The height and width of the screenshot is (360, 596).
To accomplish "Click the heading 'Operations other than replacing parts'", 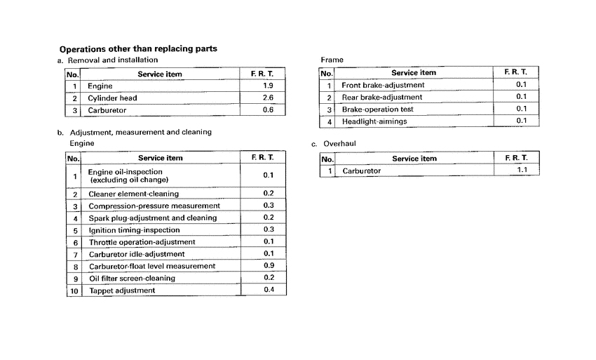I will (138, 49).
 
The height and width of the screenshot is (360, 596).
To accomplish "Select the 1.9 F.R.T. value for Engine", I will (267, 86).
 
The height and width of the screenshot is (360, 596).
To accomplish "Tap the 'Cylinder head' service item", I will (112, 98).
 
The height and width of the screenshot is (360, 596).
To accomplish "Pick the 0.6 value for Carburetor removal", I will (267, 110).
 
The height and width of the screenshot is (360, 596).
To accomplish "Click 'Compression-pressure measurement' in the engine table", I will (154, 206).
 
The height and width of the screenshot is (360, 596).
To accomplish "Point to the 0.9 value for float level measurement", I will (268, 266).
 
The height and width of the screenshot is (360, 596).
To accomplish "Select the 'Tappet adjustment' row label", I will (122, 291).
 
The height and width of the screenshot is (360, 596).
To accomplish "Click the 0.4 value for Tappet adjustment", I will (268, 290).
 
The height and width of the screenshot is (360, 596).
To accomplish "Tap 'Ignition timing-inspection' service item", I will (133, 230).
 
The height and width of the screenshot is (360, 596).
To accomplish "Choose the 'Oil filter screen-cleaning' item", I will (132, 279).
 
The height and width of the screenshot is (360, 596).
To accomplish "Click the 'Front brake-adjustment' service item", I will (383, 86).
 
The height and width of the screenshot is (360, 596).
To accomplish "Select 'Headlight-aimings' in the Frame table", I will (374, 121).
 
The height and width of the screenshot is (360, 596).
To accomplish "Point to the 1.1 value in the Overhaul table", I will (522, 170).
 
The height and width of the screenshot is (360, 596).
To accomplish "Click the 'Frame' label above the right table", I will (332, 60).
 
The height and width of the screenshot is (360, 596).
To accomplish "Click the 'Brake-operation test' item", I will (377, 109).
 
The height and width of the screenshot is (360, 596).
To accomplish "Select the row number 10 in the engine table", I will (74, 291).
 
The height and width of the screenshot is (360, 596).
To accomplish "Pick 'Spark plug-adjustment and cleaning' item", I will (153, 218).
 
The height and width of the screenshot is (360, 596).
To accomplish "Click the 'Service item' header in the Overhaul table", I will (414, 159).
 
